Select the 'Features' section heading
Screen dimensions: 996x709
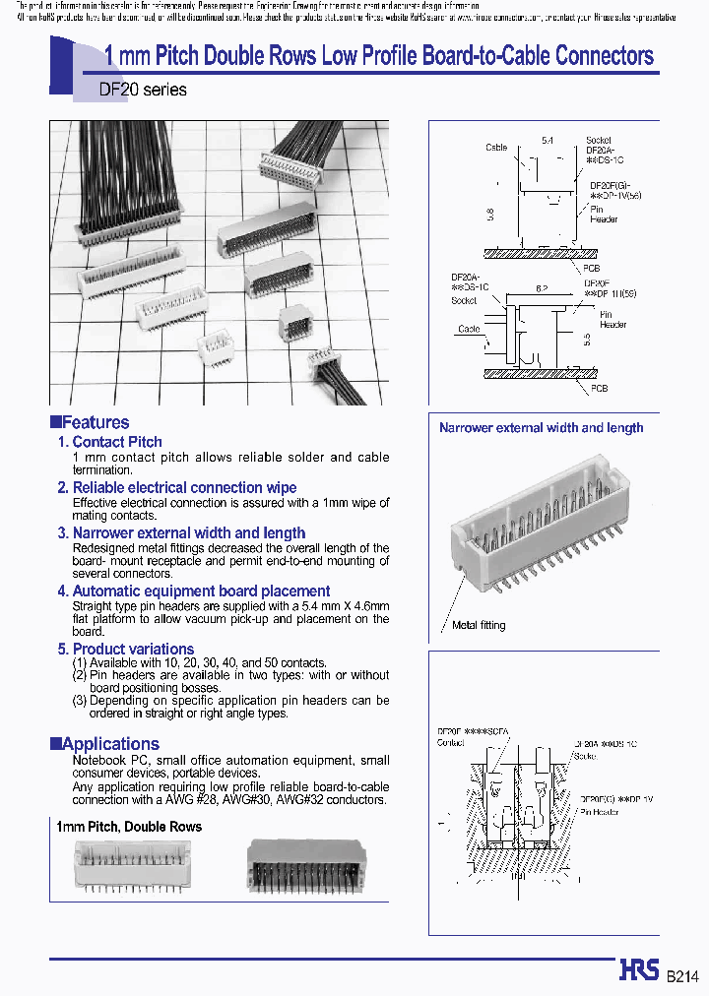pyautogui.click(x=96, y=422)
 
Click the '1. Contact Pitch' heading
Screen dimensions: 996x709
pyautogui.click(x=109, y=442)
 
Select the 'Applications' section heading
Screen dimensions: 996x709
pyautogui.click(x=109, y=744)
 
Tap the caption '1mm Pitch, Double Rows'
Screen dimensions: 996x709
pyautogui.click(x=129, y=827)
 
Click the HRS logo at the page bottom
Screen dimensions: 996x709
pyautogui.click(x=639, y=970)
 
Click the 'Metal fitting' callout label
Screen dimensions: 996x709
pyautogui.click(x=479, y=625)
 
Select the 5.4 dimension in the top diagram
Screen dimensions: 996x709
pyautogui.click(x=547, y=142)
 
